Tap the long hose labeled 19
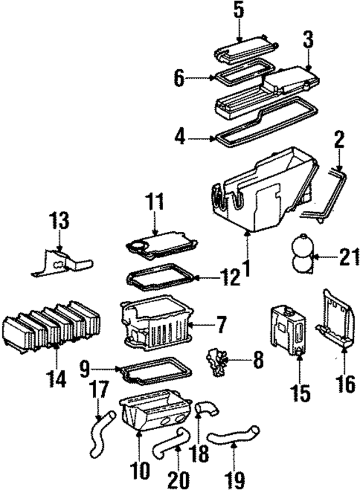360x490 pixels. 233,435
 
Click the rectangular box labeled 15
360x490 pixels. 287,329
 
